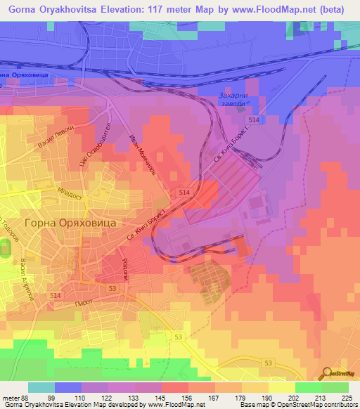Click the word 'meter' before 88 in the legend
pos(11,397)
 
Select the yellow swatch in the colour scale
pos(282,387)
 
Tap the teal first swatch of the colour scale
pos(41,387)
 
